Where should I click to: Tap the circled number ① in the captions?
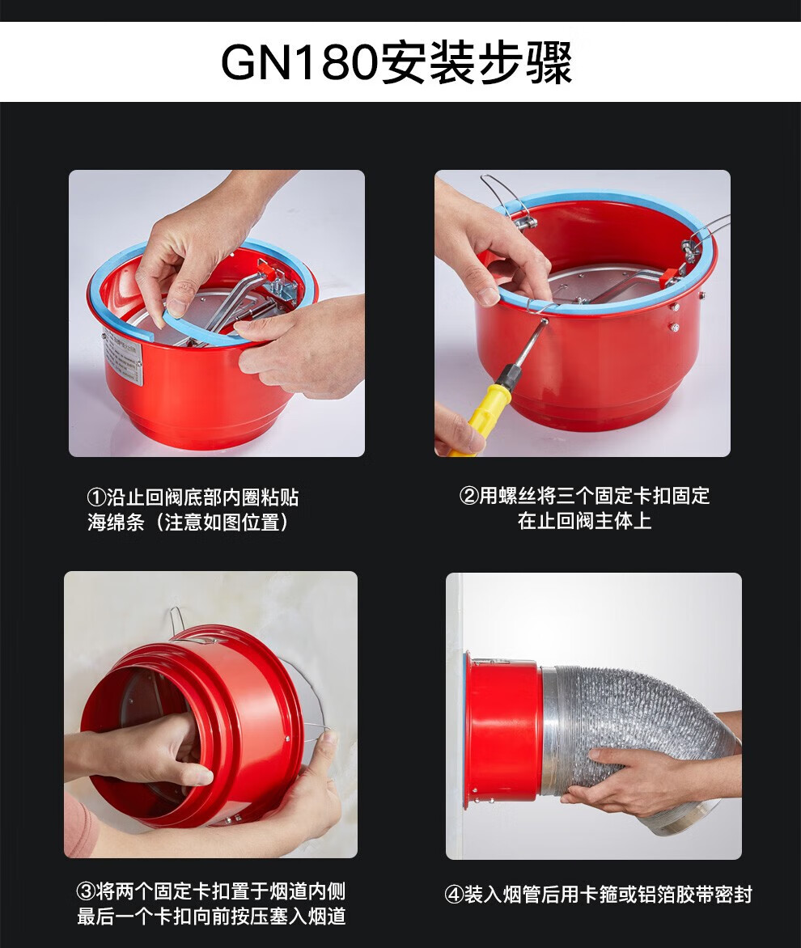point(97,497)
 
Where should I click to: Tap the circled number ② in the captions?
point(469,497)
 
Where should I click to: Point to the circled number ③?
point(86,891)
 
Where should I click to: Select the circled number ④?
point(454,895)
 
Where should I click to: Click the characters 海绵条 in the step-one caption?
point(116,522)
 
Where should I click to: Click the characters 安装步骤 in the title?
point(476,62)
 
